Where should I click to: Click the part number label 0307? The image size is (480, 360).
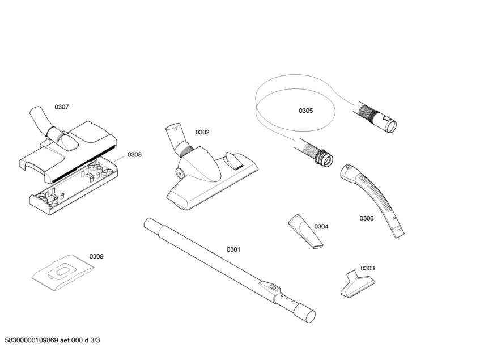(61, 107)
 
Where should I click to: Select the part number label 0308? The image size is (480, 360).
(134, 154)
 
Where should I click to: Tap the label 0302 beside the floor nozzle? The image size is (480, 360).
(202, 132)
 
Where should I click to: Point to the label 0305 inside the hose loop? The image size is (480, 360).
(306, 111)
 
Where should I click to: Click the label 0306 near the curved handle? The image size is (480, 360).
(367, 218)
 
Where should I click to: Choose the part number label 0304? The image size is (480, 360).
(321, 226)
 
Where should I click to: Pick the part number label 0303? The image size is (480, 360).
(367, 268)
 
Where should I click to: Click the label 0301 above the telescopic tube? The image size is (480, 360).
(233, 249)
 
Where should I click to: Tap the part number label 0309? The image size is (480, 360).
(96, 256)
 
